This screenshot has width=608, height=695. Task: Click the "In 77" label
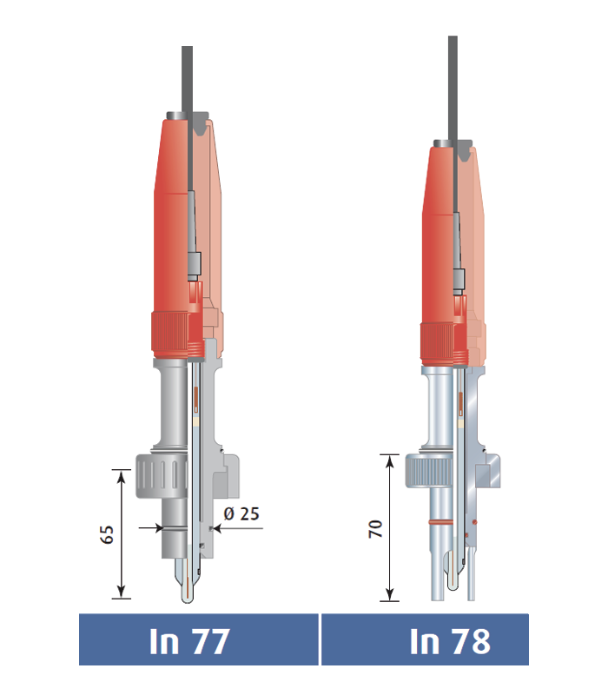[189, 641]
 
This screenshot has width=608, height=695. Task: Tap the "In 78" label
[450, 641]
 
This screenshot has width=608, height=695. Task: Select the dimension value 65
[107, 534]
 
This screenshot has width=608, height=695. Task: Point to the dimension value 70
[375, 529]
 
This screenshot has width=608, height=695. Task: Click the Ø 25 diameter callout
[241, 513]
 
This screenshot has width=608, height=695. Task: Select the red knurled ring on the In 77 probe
[170, 333]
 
